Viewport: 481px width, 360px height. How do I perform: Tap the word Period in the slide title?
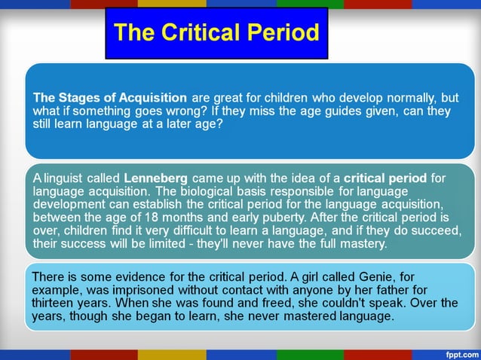pyautogui.click(x=283, y=32)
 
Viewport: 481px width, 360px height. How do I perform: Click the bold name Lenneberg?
pyautogui.click(x=155, y=178)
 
